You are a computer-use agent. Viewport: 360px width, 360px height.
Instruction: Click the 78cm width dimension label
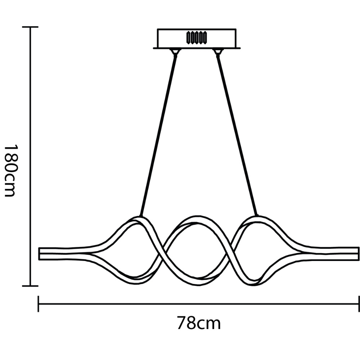pyautogui.click(x=199, y=323)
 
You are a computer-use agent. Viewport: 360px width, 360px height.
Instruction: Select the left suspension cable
pyautogui.click(x=158, y=135)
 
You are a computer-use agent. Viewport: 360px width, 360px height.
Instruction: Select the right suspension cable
pyautogui.click(x=237, y=135)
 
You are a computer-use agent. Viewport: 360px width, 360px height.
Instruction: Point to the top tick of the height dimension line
pyautogui.click(x=30, y=27)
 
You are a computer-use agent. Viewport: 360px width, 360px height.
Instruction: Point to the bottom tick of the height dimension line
pyautogui.click(x=30, y=286)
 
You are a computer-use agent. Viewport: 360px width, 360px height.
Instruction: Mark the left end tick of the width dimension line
pyautogui.click(x=39, y=304)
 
